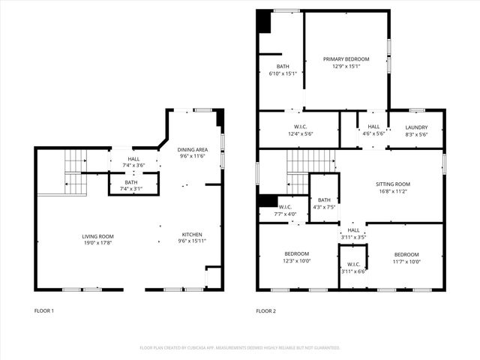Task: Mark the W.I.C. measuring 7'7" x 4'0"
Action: [x=286, y=210]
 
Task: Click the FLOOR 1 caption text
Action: [x=44, y=310]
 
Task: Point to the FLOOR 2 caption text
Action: [x=265, y=310]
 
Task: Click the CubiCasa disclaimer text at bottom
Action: [x=240, y=348]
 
